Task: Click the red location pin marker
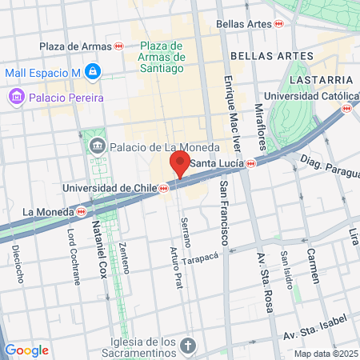tap(180, 164)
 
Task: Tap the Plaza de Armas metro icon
tap(119, 47)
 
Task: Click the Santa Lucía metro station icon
tap(251, 163)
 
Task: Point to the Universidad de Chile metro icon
tap(163, 189)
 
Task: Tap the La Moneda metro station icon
tap(82, 212)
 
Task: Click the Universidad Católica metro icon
tap(346, 108)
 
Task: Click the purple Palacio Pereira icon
tap(15, 98)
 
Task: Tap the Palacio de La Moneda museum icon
tap(98, 146)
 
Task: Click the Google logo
tap(26, 350)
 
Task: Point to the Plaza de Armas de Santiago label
tap(162, 56)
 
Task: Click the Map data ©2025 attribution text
tap(324, 354)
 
